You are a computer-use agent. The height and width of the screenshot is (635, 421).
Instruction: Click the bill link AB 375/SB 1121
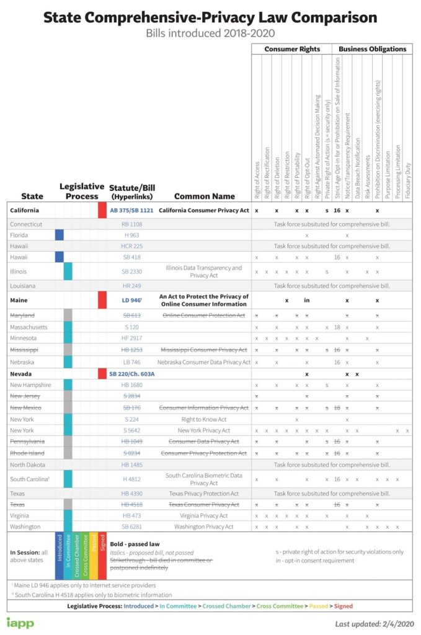point(131,210)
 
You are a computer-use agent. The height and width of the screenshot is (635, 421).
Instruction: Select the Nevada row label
point(22,373)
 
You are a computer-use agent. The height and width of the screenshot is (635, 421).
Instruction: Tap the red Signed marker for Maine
point(102,300)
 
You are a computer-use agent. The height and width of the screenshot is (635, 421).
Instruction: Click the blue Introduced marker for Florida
point(60,235)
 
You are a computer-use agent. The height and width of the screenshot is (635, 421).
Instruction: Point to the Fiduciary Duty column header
point(407,180)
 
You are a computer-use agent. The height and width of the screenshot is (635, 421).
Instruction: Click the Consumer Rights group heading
point(291,49)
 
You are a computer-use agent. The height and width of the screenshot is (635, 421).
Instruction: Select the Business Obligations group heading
point(372,49)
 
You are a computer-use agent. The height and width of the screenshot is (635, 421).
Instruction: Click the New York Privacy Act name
point(204,430)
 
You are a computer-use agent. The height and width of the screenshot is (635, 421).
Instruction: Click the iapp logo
point(20,622)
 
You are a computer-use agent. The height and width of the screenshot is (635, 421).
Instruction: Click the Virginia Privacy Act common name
point(204,515)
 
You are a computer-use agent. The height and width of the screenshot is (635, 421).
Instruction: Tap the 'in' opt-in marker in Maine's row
point(306,300)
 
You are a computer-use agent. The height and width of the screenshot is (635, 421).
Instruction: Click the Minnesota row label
point(24,338)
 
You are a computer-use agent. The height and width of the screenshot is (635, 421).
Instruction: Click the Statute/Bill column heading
point(131,192)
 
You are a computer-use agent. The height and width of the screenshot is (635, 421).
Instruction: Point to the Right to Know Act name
point(204,419)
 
